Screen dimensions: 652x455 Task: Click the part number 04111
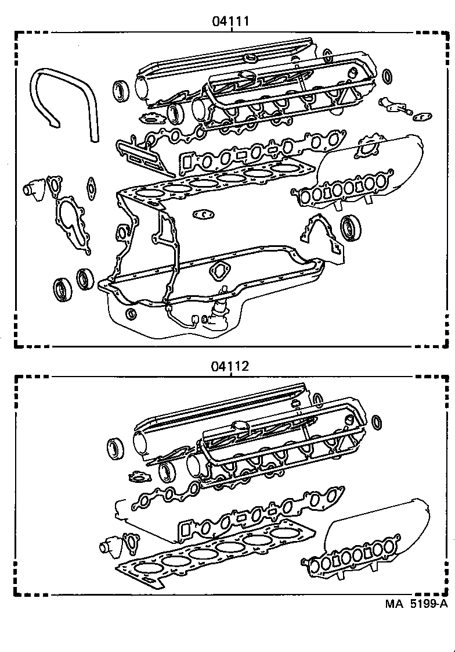tap(230, 22)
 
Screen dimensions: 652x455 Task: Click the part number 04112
tap(230, 366)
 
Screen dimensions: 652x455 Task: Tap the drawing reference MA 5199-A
tap(416, 603)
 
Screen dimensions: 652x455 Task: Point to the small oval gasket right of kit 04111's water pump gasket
tap(91, 186)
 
